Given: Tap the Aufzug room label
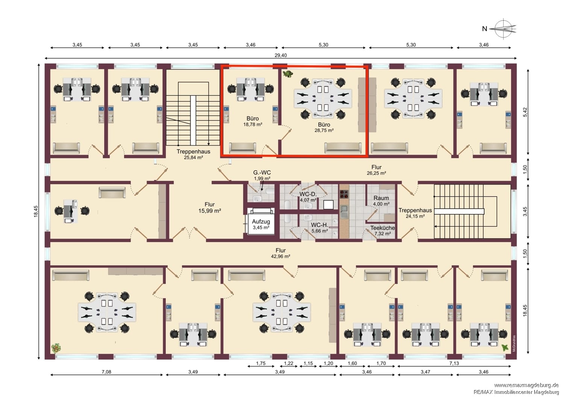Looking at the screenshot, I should point(261,224).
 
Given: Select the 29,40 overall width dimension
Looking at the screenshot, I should point(280,55).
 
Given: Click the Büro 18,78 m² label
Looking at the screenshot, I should point(253,121).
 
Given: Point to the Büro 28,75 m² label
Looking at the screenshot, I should point(324,127).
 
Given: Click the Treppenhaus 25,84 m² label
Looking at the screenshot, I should point(193,154).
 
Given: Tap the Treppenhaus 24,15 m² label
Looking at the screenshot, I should point(415,213).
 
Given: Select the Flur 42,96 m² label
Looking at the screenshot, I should point(280,253).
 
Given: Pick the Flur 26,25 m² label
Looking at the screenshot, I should point(376,170).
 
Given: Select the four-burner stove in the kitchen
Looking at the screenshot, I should point(344,194).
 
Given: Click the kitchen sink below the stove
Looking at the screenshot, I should point(344,212).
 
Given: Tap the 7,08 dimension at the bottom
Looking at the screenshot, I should point(106,372).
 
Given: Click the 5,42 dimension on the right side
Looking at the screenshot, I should point(525,112).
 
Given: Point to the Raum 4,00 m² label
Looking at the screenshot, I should point(381,201).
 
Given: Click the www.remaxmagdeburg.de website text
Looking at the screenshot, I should point(526,385).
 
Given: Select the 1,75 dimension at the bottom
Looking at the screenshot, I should point(261,363).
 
